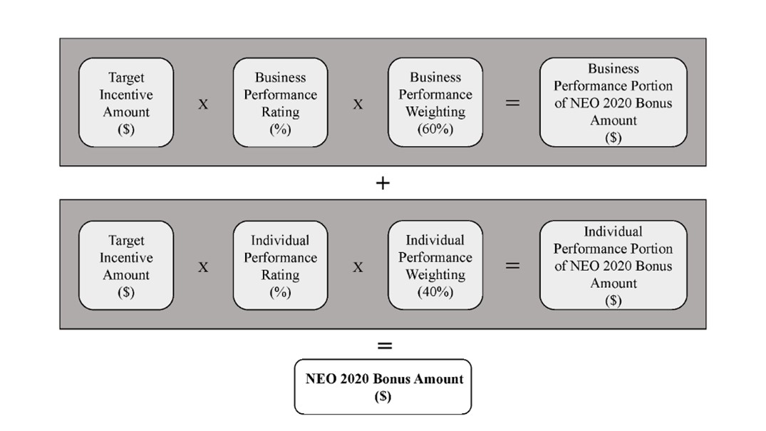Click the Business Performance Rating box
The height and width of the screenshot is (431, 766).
281,103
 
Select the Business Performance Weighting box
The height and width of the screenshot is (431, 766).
435,102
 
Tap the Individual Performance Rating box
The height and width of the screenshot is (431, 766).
281,265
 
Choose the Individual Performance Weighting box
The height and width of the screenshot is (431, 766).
435,265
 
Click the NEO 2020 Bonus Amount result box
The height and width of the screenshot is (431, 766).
383,387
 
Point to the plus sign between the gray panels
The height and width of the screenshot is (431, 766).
383,183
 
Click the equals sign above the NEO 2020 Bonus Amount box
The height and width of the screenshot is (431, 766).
385,346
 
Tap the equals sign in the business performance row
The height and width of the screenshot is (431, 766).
512,103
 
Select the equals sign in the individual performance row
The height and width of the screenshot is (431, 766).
512,265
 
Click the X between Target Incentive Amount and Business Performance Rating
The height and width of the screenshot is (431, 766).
203,104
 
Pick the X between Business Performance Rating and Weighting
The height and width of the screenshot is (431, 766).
358,104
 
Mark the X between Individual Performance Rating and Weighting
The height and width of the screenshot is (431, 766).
358,267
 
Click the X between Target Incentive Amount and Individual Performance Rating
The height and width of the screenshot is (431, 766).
203,267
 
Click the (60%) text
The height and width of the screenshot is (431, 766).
435,129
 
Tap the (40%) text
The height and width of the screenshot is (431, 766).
435,292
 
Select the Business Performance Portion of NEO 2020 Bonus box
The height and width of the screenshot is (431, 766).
614,102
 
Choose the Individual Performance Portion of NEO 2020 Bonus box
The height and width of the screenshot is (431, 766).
614,265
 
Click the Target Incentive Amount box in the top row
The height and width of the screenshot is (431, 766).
126,103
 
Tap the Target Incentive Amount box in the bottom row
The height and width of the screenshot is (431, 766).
126,265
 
